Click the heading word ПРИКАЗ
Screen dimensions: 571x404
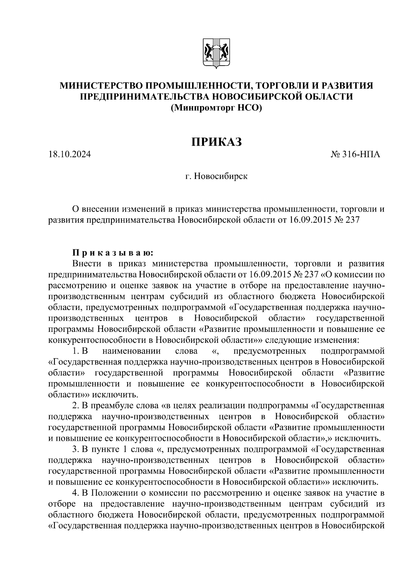click(217, 142)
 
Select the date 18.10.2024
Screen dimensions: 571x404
click(70, 155)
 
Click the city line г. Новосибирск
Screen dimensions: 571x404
click(216, 176)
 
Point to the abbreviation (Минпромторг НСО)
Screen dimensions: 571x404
click(216, 108)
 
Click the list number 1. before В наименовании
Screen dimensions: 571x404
click(75, 351)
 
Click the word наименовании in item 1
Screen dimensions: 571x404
click(132, 351)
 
